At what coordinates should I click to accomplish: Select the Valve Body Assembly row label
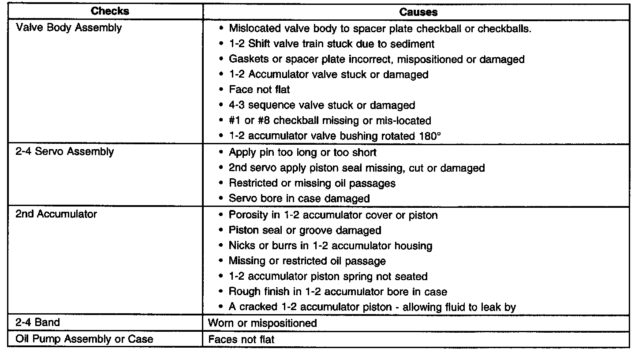[x=68, y=28]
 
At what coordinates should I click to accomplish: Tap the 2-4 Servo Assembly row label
[x=65, y=152]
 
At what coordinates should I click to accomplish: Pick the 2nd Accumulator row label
[x=56, y=214]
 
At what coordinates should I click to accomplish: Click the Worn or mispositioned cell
[x=262, y=323]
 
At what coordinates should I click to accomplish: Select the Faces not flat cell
[x=241, y=339]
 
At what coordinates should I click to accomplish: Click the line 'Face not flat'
[x=259, y=90]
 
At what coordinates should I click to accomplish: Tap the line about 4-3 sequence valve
[x=322, y=105]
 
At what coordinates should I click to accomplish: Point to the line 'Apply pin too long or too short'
[x=302, y=153]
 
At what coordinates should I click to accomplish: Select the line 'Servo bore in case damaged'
[x=299, y=199]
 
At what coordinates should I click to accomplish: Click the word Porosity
[x=248, y=215]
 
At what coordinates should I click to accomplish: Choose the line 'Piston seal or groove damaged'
[x=305, y=230]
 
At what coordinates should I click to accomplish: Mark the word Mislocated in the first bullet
[x=255, y=29]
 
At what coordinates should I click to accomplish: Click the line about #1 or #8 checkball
[x=330, y=120]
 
